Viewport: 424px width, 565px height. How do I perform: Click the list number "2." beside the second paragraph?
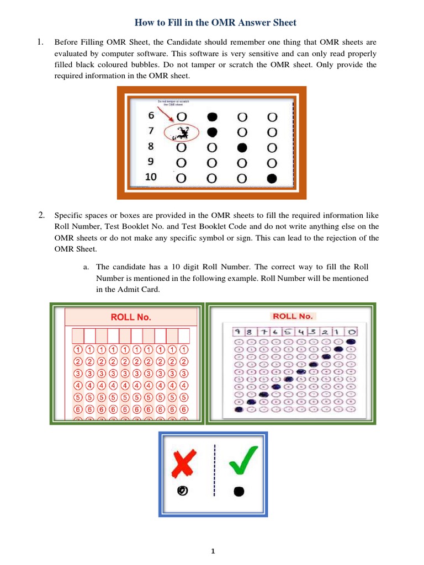(x=41, y=215)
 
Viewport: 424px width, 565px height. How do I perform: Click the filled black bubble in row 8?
(x=242, y=148)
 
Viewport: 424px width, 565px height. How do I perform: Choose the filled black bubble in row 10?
(x=271, y=178)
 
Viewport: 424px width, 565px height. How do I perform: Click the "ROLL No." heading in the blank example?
(x=131, y=317)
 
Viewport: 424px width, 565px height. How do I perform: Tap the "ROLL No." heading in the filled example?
(x=293, y=316)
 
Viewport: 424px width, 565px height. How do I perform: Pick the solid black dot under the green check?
(x=239, y=492)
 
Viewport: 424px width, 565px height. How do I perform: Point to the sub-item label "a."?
(x=87, y=267)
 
